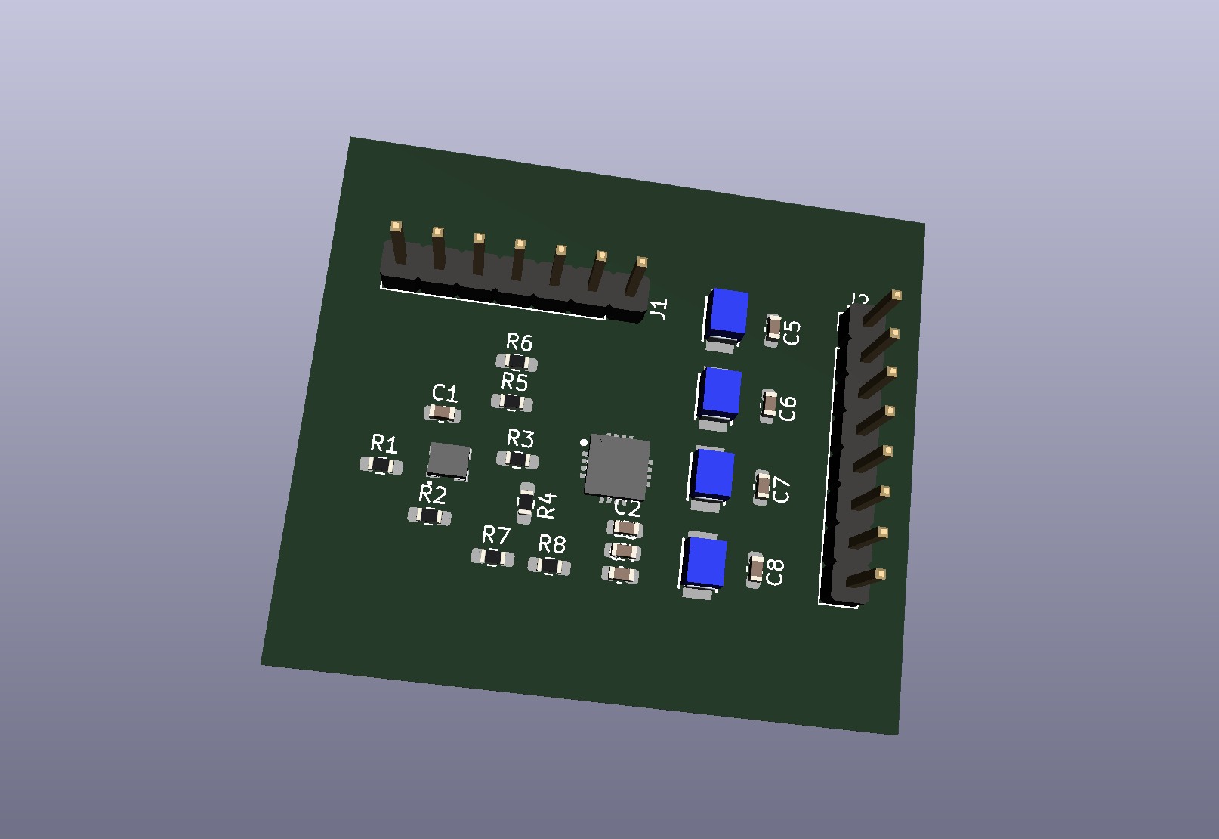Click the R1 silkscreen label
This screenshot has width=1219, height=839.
pyautogui.click(x=384, y=443)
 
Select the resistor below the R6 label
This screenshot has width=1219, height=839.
pyautogui.click(x=517, y=362)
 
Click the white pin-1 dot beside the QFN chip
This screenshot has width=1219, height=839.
pyautogui.click(x=584, y=442)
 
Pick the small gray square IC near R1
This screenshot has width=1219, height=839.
pyautogui.click(x=449, y=460)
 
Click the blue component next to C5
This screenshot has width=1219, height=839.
pyautogui.click(x=728, y=314)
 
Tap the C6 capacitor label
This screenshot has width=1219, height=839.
pyautogui.click(x=788, y=408)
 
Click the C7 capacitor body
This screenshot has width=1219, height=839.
pyautogui.click(x=763, y=485)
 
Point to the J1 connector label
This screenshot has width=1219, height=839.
pyautogui.click(x=659, y=309)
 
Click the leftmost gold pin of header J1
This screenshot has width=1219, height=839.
pyautogui.click(x=396, y=227)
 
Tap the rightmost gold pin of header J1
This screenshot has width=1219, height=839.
pyautogui.click(x=641, y=263)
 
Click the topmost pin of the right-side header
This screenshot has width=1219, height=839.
pyautogui.click(x=896, y=295)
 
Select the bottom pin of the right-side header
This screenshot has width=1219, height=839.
pyautogui.click(x=879, y=574)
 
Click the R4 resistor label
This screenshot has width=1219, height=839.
pyautogui.click(x=546, y=505)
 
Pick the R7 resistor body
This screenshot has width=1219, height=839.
pyautogui.click(x=493, y=558)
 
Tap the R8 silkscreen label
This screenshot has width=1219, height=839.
pyautogui.click(x=552, y=544)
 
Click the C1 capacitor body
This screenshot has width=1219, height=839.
pyautogui.click(x=443, y=413)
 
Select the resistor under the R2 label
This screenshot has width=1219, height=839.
pyautogui.click(x=429, y=516)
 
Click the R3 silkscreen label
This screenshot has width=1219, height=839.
pyautogui.click(x=520, y=438)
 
